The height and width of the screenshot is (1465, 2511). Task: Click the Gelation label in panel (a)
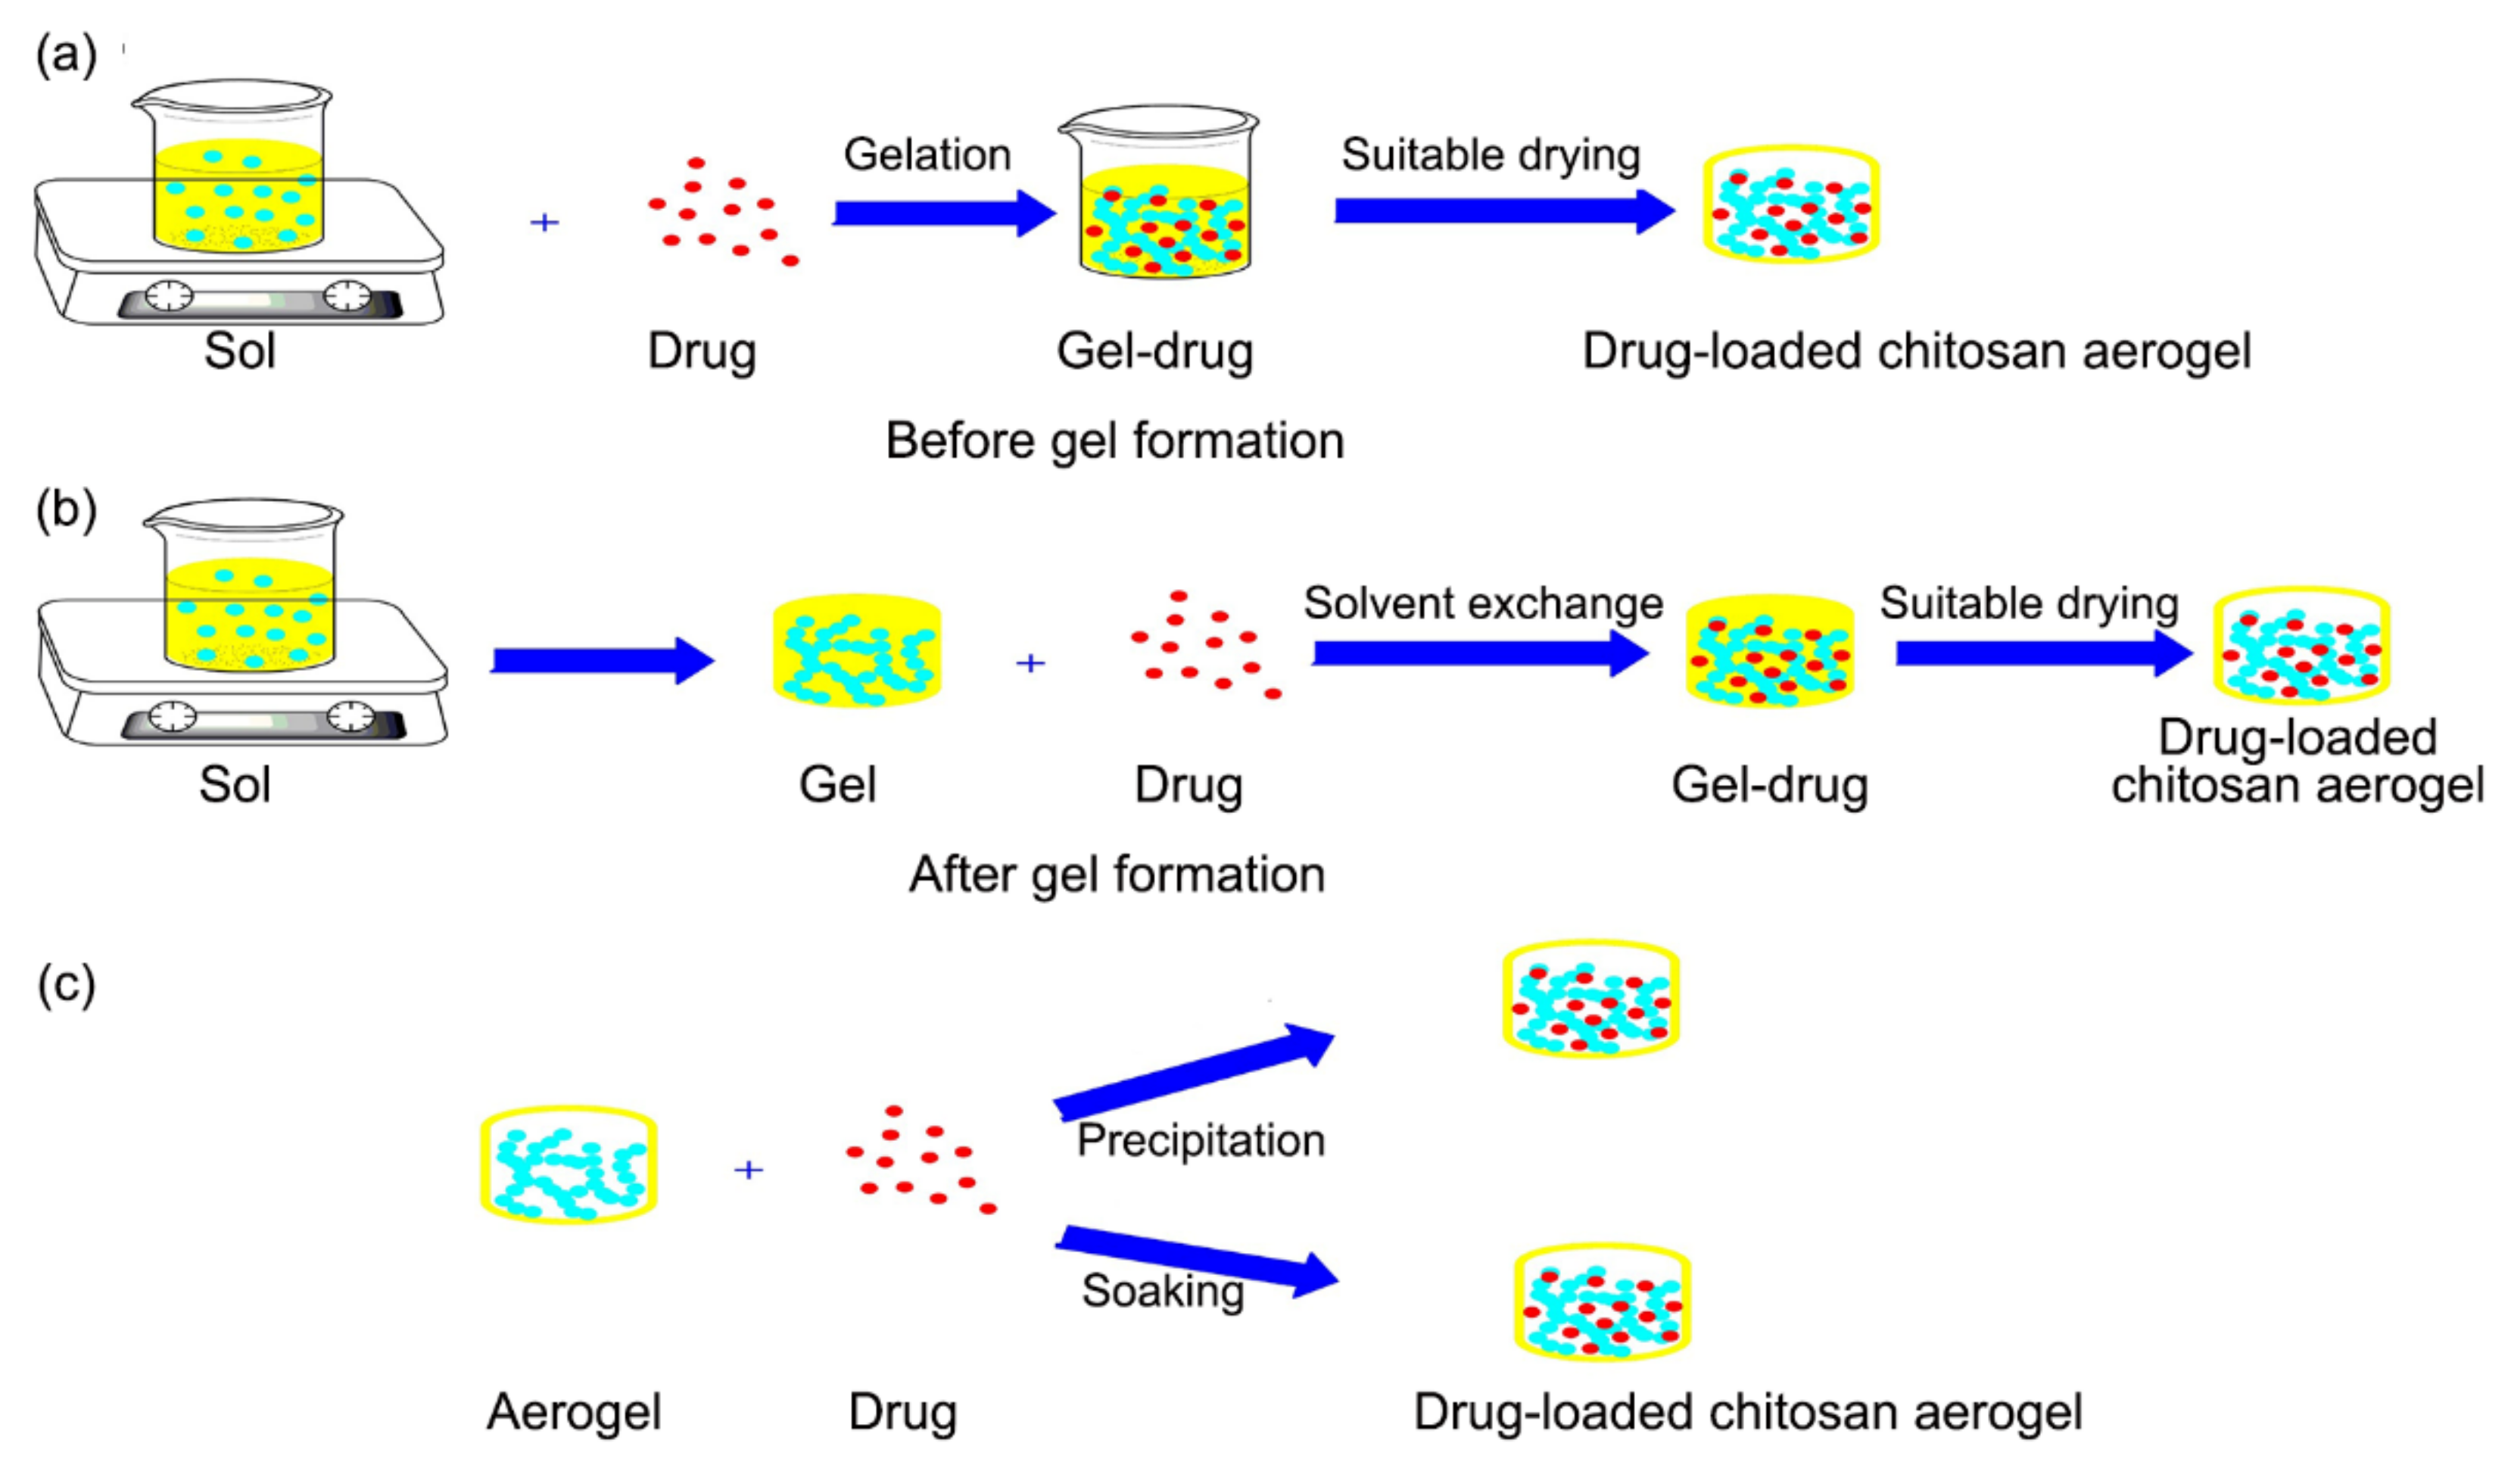(x=927, y=154)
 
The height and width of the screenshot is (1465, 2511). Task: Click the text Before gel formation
(x=1114, y=441)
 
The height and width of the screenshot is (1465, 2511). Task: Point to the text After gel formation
(x=1116, y=874)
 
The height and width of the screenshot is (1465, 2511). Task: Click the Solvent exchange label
(x=1483, y=603)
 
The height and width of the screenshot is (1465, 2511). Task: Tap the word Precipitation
(x=1200, y=1140)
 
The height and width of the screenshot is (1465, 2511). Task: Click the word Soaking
(x=1162, y=1291)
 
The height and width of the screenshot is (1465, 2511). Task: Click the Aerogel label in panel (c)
(x=573, y=1412)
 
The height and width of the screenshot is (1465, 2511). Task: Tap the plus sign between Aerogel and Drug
(x=749, y=1169)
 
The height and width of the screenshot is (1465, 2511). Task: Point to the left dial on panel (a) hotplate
(x=170, y=296)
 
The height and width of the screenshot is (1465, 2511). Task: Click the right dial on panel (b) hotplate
(x=350, y=716)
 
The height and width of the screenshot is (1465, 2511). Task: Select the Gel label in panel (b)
(x=837, y=784)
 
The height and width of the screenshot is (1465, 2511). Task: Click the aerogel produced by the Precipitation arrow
(x=1590, y=999)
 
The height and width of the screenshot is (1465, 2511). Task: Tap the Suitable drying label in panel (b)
(x=2029, y=603)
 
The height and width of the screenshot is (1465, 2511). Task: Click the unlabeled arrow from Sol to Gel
(x=602, y=659)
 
